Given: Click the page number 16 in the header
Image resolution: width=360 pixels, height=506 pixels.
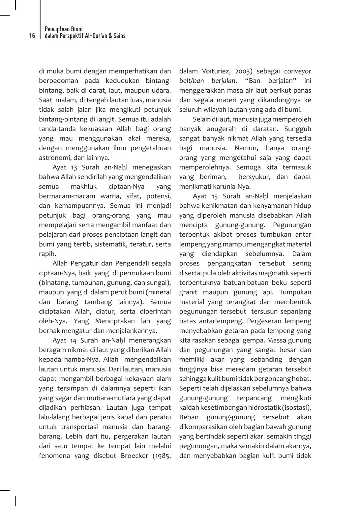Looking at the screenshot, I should (x=32, y=36).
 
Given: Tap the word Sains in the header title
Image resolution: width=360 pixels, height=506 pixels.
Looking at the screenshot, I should (x=119, y=36).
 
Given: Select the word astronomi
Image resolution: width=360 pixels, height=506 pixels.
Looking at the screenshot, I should (x=54, y=158).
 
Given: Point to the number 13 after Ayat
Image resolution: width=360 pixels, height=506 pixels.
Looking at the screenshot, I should (x=74, y=167).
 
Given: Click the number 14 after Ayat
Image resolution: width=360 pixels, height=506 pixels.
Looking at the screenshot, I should (x=73, y=341).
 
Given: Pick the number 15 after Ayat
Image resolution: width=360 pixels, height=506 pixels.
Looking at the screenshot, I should (x=215, y=196).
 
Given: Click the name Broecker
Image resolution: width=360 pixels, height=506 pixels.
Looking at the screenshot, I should (x=136, y=456).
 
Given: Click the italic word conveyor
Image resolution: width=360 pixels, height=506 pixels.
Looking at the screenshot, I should (x=297, y=71).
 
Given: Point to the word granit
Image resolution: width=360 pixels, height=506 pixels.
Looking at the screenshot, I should (x=188, y=292).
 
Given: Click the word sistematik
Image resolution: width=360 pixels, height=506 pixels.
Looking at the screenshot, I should (x=111, y=244).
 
